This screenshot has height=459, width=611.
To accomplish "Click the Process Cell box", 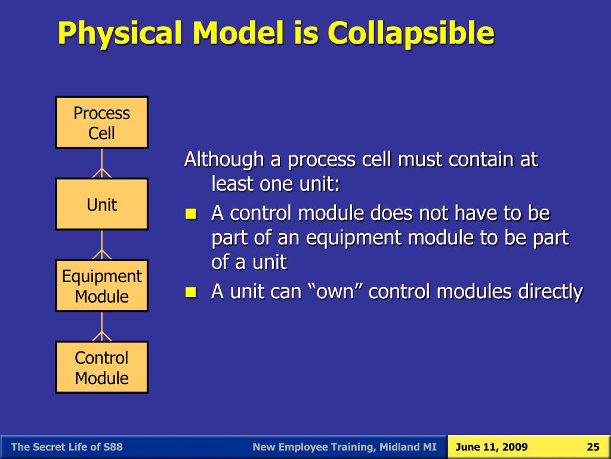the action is tap(101, 123).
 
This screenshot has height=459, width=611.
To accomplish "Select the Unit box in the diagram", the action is tap(101, 204).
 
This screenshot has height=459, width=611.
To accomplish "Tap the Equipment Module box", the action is tap(101, 286).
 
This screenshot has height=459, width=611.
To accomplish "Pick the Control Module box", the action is tap(101, 368).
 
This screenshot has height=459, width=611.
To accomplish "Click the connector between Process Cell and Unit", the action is tap(101, 164).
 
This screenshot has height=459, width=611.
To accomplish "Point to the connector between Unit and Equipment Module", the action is tap(101, 245).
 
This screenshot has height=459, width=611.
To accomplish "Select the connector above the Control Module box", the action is tap(101, 327).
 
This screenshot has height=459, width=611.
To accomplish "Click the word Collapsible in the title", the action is tap(411, 34).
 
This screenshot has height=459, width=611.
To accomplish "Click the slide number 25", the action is tap(593, 447).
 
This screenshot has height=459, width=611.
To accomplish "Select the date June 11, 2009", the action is tap(492, 447).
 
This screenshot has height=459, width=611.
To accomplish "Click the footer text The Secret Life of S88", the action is tap(67, 447).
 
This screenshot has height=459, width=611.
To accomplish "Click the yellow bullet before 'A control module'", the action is tap(191, 214).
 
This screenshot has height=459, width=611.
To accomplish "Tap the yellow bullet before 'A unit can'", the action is tap(191, 292).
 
